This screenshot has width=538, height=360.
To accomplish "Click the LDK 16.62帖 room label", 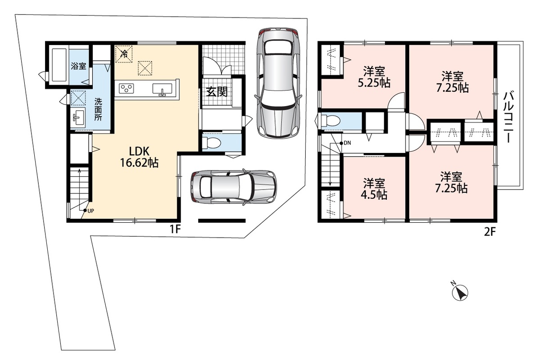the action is [139, 156].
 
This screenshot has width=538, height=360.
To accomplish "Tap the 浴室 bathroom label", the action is [79, 66].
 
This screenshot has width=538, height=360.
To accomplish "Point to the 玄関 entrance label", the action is [217, 91].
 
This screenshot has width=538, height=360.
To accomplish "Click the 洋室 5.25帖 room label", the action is [374, 77].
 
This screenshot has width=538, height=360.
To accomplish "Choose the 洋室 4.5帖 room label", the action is [374, 189].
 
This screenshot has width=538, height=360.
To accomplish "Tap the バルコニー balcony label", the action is [509, 117].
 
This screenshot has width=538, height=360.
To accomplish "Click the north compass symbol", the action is [459, 292].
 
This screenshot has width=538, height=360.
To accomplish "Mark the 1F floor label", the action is [175, 229].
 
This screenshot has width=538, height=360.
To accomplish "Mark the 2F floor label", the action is [490, 232].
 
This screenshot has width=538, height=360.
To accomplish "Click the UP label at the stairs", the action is [90, 211].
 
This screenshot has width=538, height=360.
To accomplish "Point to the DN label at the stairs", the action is [347, 143].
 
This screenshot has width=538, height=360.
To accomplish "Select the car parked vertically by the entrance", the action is [278, 83].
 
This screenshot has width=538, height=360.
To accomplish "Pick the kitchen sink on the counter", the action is [162, 89].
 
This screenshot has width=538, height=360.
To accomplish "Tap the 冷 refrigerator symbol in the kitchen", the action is [124, 54].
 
